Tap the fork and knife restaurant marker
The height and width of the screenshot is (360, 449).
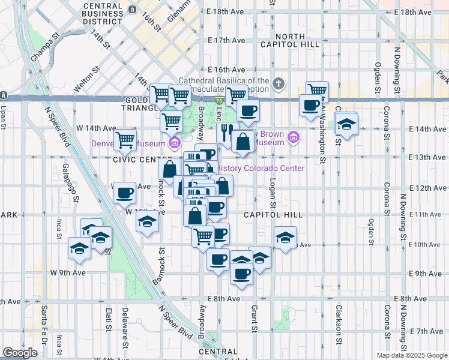[x=227, y=131]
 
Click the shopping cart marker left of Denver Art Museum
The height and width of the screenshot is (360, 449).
[x=125, y=139]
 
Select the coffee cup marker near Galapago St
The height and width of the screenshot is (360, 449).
[x=124, y=192]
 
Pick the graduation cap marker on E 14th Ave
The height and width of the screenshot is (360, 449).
[x=346, y=123]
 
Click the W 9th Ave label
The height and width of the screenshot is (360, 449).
[x=68, y=272]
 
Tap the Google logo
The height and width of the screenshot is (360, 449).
[x=20, y=353]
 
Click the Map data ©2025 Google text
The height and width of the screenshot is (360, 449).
[x=412, y=355]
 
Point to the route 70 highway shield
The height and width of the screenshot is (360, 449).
[x=220, y=98]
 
